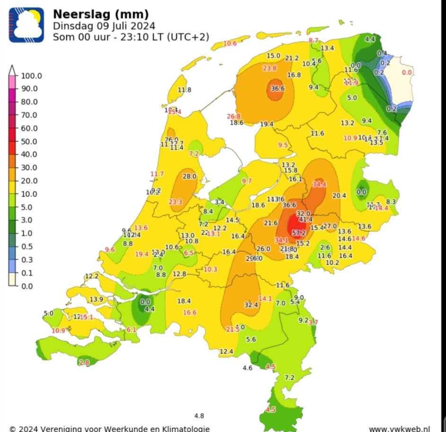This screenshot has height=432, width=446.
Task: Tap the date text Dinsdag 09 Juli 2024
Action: [104, 26]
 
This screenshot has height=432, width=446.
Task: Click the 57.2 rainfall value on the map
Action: [299, 233]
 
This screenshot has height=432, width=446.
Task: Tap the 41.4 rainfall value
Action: [306, 219]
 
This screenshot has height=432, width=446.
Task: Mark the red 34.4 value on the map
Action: [320, 184]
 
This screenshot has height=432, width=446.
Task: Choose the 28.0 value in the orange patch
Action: [189, 176]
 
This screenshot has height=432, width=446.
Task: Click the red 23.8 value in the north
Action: [269, 69]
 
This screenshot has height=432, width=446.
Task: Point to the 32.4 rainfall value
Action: [251, 305]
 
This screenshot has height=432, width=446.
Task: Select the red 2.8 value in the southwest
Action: [84, 363]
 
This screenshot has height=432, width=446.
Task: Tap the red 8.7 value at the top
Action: [314, 41]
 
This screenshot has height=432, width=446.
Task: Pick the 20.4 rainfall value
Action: [339, 196]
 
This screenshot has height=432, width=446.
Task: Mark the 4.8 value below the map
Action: [199, 416]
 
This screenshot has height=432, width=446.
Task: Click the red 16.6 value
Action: [190, 312]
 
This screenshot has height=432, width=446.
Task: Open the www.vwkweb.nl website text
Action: [399, 429]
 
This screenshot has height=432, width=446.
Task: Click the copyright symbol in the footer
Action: [13, 429]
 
